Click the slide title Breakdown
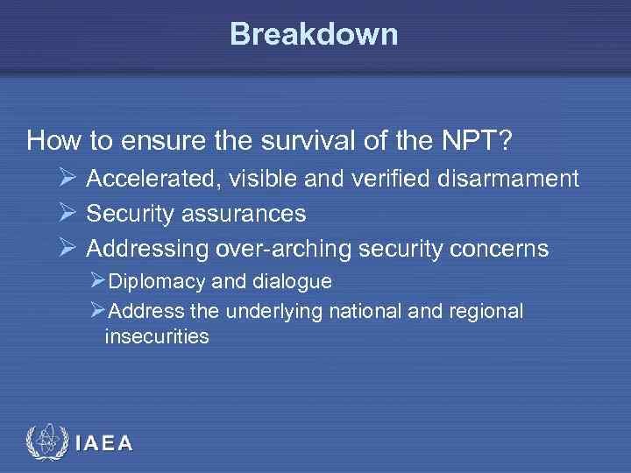point(314,34)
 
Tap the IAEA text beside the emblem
point(104,443)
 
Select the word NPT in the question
point(473,140)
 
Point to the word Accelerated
point(152,180)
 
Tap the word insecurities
point(156,335)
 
